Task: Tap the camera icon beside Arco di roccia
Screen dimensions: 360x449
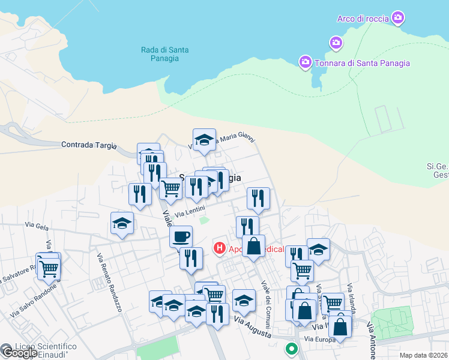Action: click(x=397, y=18)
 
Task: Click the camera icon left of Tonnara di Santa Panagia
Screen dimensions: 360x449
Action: click(x=306, y=62)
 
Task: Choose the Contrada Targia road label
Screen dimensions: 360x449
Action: click(x=88, y=145)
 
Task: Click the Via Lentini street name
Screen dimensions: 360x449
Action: click(x=190, y=212)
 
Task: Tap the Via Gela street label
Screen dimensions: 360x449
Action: click(x=37, y=225)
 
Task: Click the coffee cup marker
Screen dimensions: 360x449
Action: click(x=181, y=235)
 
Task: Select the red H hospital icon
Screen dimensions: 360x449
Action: click(x=220, y=247)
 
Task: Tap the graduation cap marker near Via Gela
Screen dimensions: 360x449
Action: click(x=122, y=223)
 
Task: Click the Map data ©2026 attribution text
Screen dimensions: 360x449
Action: click(x=424, y=355)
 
